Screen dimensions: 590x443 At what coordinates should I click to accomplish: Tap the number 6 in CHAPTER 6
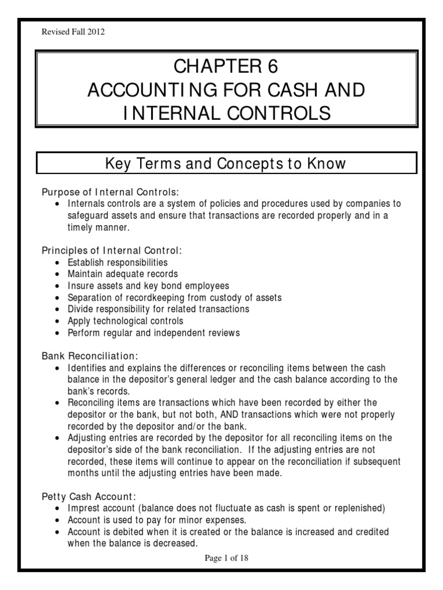(272, 67)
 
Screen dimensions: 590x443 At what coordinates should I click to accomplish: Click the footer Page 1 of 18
(221, 558)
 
